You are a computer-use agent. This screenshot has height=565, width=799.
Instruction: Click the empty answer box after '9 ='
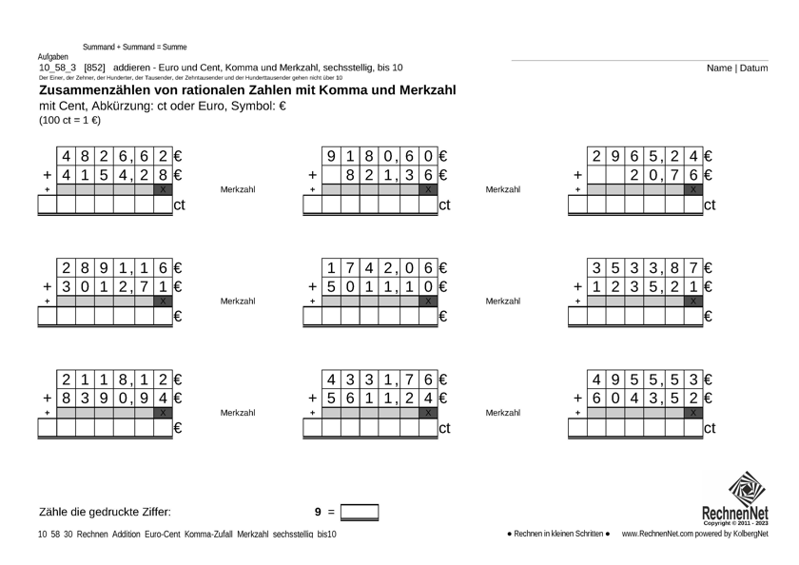click(x=360, y=513)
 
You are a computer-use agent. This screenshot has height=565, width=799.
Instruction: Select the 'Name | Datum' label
click(x=737, y=68)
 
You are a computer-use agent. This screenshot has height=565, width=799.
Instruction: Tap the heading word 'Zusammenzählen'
click(x=101, y=90)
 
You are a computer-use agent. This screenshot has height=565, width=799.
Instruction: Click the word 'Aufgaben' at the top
click(x=52, y=57)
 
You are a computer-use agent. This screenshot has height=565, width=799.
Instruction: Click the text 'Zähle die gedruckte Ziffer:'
click(x=105, y=513)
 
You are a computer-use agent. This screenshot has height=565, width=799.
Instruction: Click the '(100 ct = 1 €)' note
click(x=69, y=121)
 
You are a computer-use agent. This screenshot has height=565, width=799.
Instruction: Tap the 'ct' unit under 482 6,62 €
click(x=178, y=205)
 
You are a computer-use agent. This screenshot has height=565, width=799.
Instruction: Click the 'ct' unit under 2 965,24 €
click(x=709, y=205)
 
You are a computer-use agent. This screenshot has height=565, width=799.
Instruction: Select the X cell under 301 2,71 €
click(x=164, y=301)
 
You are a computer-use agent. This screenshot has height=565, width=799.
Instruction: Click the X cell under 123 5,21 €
click(x=693, y=301)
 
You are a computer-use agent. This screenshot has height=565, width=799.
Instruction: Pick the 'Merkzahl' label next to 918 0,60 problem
click(x=502, y=190)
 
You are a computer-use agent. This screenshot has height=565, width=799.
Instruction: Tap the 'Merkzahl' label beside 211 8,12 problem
click(x=238, y=413)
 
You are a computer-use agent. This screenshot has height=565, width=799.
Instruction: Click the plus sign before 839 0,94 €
click(x=47, y=398)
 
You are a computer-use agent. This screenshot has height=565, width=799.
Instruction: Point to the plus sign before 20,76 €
click(x=577, y=175)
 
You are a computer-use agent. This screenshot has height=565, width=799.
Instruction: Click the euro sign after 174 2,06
click(x=442, y=269)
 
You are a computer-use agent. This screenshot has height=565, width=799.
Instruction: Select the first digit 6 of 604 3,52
click(x=596, y=398)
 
